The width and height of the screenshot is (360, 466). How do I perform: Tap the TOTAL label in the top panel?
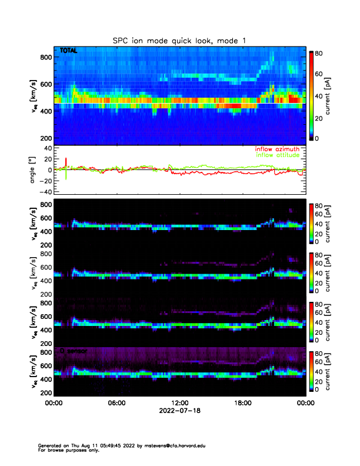click(68, 51)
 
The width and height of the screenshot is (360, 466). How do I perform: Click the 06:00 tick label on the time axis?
click(116, 403)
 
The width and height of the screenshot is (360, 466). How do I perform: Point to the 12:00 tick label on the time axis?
click(179, 403)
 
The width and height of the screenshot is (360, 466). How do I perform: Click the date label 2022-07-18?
click(179, 411)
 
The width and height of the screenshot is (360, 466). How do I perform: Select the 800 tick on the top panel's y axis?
click(44, 57)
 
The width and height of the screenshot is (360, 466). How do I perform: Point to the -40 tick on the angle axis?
click(43, 192)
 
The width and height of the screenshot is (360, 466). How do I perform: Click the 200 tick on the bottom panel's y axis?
click(44, 392)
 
